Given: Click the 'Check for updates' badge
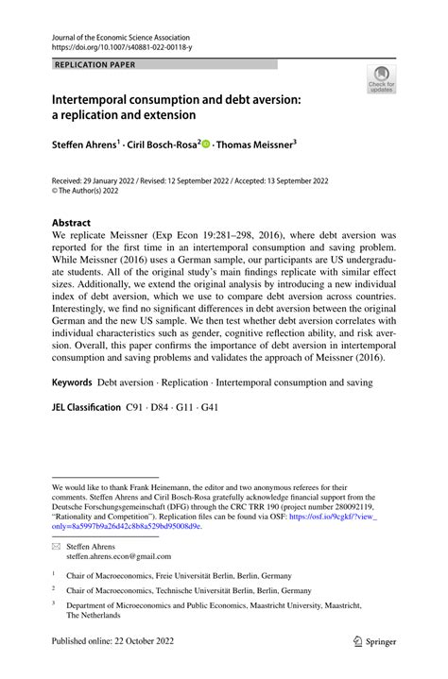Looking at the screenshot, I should click(x=381, y=79).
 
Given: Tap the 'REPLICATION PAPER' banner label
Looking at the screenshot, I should click(x=95, y=65).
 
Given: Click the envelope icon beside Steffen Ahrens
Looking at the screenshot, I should click(x=57, y=547).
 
